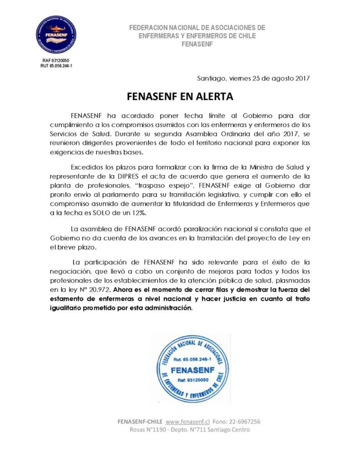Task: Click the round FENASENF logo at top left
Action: tap(56, 35)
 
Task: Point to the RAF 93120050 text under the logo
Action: tap(56, 61)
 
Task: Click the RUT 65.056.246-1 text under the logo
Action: tap(56, 66)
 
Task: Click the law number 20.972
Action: tap(99, 290)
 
